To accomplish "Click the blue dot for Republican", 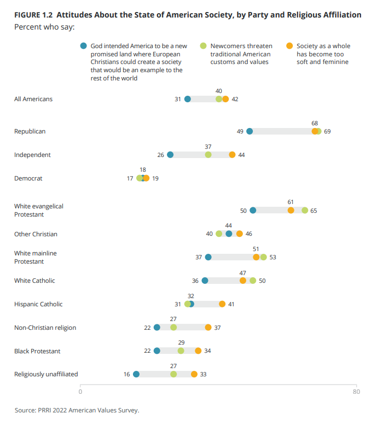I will click(x=249, y=131).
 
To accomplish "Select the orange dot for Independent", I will click(x=232, y=155).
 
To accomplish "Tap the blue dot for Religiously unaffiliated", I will click(x=136, y=374).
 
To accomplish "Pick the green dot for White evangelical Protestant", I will click(x=305, y=211).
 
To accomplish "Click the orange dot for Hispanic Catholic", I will click(x=222, y=304).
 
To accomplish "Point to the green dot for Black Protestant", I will click(x=181, y=351).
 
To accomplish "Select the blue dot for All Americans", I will click(x=188, y=99).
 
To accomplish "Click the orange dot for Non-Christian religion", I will click(x=208, y=328).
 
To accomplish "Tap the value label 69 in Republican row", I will click(x=328, y=131).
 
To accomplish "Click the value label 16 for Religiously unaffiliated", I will click(x=127, y=374).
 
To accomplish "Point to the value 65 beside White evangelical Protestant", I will click(x=314, y=211).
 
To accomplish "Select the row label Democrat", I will click(x=28, y=178).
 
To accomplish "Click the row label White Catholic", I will click(x=34, y=281).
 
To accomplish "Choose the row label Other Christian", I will click(x=36, y=234).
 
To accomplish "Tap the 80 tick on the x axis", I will click(x=356, y=392).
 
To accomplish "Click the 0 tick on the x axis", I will click(x=80, y=392).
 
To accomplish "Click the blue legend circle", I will click(x=84, y=46).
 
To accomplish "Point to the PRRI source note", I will click(x=77, y=410).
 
